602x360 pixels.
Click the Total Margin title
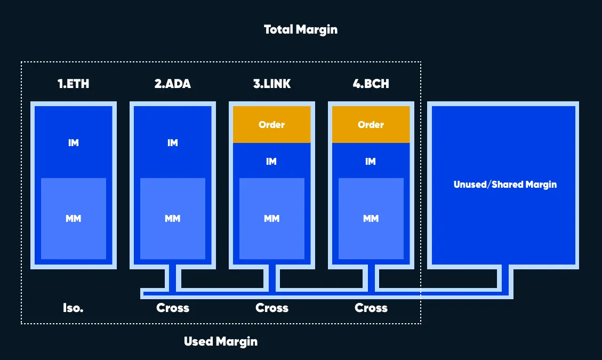click(301, 29)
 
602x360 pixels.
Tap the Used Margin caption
click(221, 341)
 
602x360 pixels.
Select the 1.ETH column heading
click(74, 84)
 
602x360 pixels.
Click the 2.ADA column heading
click(173, 84)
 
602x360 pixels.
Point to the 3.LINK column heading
click(272, 84)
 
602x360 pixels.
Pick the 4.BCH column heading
click(371, 84)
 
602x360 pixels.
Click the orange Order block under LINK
click(272, 124)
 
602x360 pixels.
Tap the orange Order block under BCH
click(371, 124)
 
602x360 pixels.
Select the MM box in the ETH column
click(74, 219)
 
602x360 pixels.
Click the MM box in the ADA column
click(173, 219)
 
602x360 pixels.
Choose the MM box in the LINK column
click(272, 219)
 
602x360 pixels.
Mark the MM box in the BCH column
click(371, 219)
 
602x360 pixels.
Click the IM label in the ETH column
click(74, 143)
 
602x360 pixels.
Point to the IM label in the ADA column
click(173, 143)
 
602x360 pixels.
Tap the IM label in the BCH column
click(371, 162)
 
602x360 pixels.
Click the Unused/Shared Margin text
click(505, 185)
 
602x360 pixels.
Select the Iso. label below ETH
click(74, 308)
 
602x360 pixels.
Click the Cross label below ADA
click(173, 308)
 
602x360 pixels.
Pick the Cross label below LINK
click(272, 308)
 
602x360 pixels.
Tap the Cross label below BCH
click(371, 308)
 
